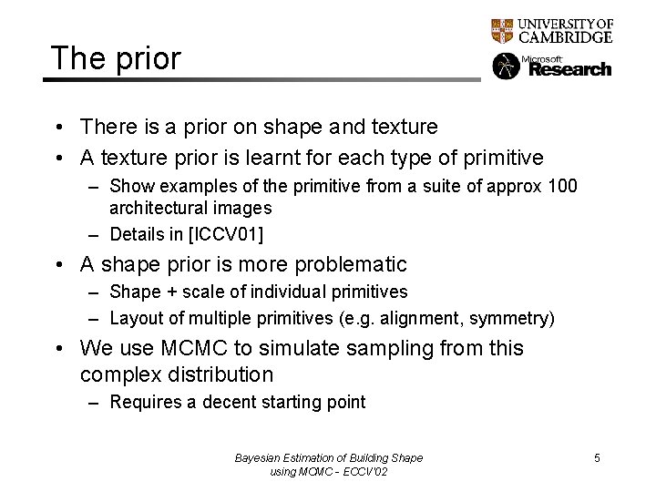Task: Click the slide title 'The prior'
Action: pos(116,58)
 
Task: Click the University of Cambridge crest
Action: pos(502,31)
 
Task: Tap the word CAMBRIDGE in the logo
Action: pos(565,37)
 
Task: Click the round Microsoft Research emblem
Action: pos(506,67)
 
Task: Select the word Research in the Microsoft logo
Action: pos(570,69)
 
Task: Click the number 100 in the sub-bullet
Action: pos(562,187)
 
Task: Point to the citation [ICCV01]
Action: pos(225,234)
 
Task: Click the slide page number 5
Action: pos(597,457)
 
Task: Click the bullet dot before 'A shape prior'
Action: pos(57,265)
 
